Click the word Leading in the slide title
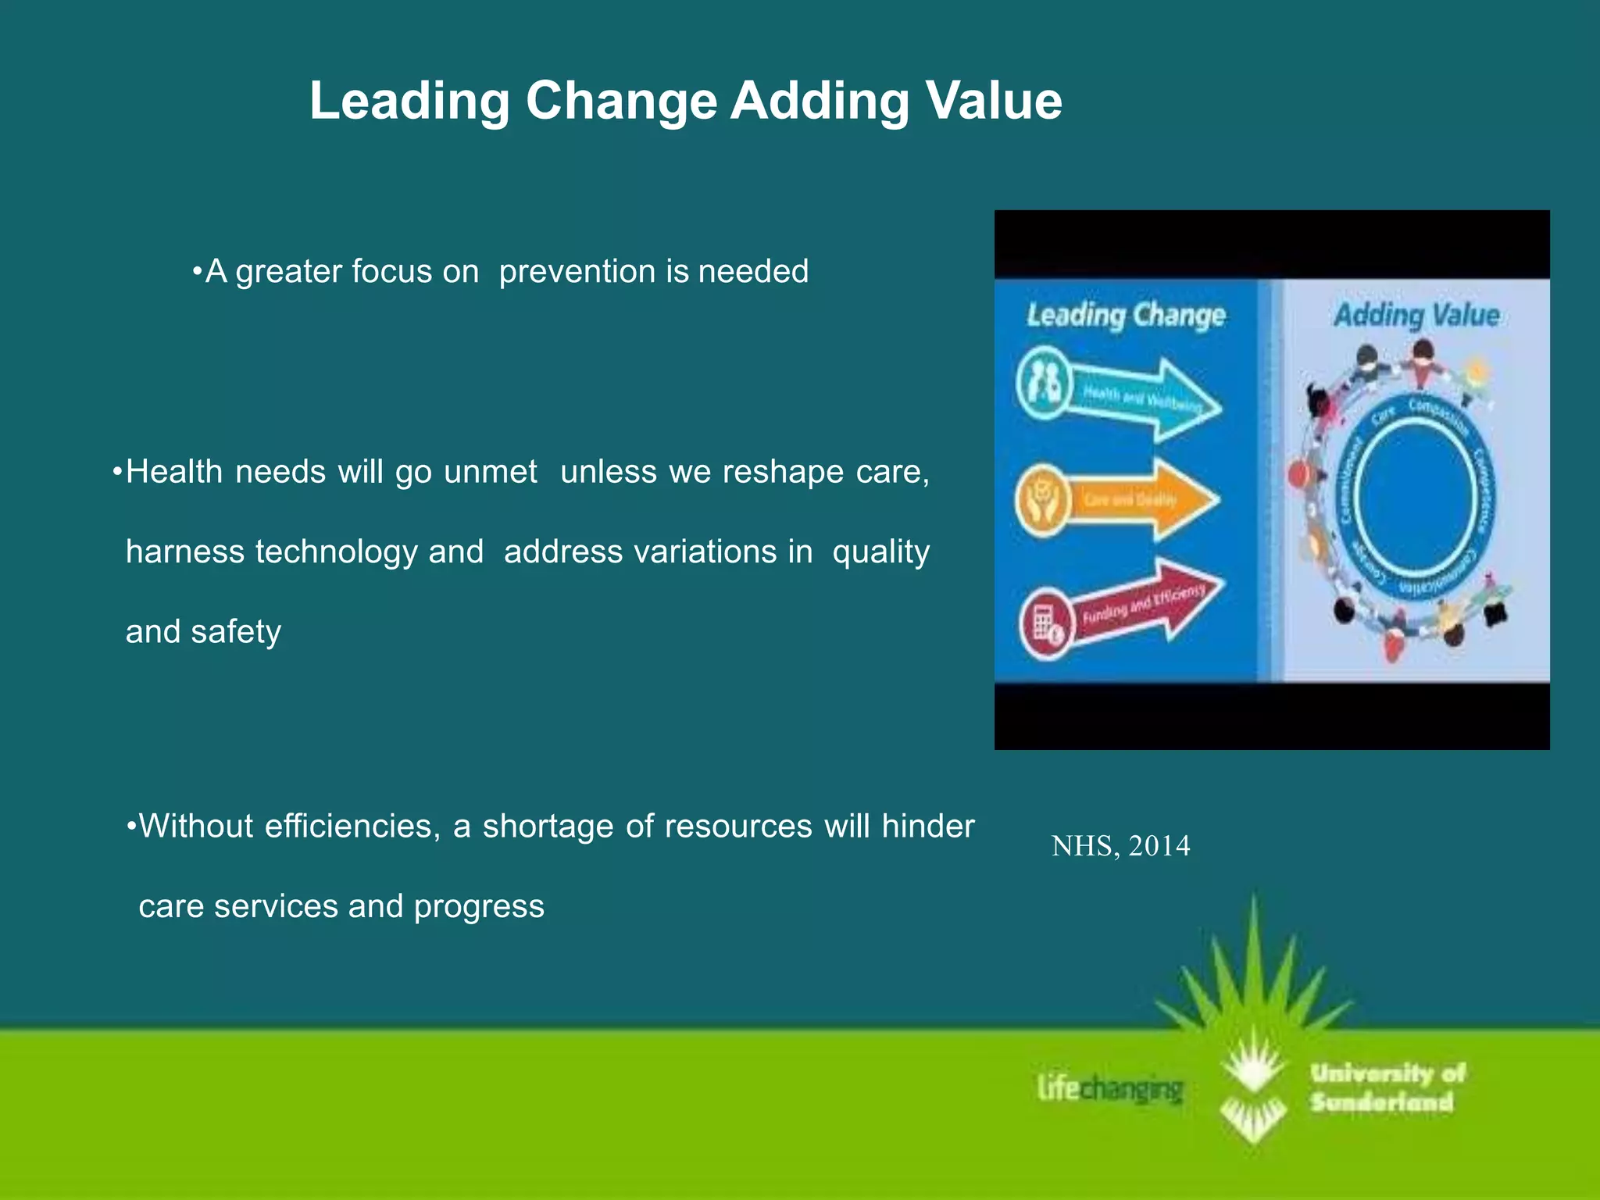pyautogui.click(x=409, y=101)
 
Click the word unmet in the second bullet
pyautogui.click(x=491, y=472)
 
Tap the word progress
pyautogui.click(x=479, y=907)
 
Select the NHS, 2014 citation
pyautogui.click(x=1120, y=846)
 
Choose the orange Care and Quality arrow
pyautogui.click(x=1145, y=499)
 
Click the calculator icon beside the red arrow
pyautogui.click(x=1045, y=624)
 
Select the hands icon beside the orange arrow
pyautogui.click(x=1043, y=500)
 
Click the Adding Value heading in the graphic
pyautogui.click(x=1416, y=316)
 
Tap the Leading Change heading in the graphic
pyautogui.click(x=1126, y=316)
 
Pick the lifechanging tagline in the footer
pyautogui.click(x=1110, y=1088)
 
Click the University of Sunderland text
pyautogui.click(x=1386, y=1087)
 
